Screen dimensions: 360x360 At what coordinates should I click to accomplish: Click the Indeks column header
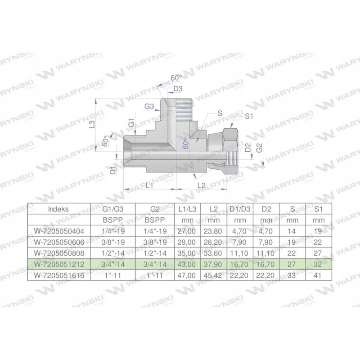point(59,208)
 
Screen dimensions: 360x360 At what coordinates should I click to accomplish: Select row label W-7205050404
point(59,231)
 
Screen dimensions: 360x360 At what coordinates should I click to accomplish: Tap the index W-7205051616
point(59,274)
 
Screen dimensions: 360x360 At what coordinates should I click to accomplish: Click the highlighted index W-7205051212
point(59,263)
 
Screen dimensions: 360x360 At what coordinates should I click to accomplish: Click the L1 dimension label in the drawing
point(150,185)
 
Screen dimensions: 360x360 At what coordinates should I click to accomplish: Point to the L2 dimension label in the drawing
point(201,185)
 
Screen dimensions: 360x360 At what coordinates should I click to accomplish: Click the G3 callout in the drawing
point(149,107)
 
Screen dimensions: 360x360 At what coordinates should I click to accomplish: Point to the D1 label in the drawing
point(113,170)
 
